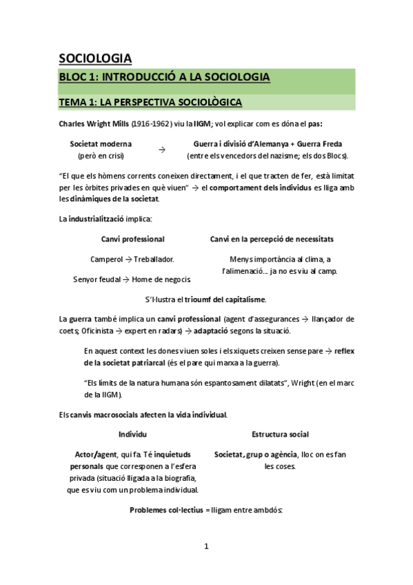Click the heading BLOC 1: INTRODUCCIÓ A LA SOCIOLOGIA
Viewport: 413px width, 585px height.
tap(163, 78)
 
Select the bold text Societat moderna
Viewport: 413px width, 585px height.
tap(101, 144)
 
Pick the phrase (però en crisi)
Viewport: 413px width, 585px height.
tap(101, 156)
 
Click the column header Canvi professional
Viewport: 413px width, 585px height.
tap(132, 239)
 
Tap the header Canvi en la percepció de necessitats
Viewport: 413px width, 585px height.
tap(272, 239)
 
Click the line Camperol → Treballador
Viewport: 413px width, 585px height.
tap(132, 259)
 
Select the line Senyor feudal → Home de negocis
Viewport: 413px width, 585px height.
tap(132, 279)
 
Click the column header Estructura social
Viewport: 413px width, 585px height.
tap(280, 435)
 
